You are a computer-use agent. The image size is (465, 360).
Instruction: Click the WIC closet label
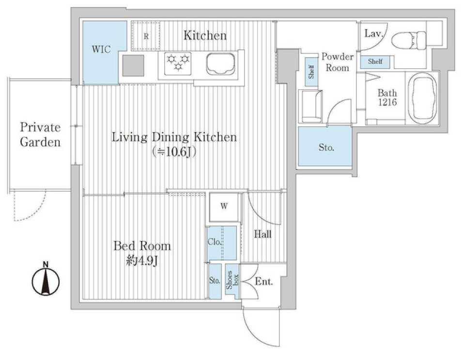coord(101,49)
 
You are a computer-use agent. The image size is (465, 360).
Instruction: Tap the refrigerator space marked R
coord(146,35)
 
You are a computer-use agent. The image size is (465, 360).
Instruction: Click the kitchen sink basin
coord(221,64)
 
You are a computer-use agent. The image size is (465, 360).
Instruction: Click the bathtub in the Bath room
coord(422,98)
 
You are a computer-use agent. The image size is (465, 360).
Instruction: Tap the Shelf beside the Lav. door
coord(375,61)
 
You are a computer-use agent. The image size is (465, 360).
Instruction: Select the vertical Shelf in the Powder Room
coord(311,72)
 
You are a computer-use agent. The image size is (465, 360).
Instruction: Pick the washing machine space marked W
coord(224,207)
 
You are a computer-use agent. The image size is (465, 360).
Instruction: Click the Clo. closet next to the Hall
coord(222,243)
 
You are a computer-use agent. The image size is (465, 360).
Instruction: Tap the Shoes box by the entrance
coord(232,280)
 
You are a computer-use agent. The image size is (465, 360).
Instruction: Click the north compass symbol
coord(46,280)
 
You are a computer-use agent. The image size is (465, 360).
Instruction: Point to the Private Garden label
coord(40,135)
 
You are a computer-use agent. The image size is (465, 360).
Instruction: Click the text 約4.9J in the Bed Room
coord(142,261)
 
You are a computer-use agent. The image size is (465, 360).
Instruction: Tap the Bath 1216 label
coord(387,97)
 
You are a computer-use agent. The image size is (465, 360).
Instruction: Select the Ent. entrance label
coord(263,281)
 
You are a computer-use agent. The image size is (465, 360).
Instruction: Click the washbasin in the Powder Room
coord(311,106)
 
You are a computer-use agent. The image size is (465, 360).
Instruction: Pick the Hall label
coord(263,234)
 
